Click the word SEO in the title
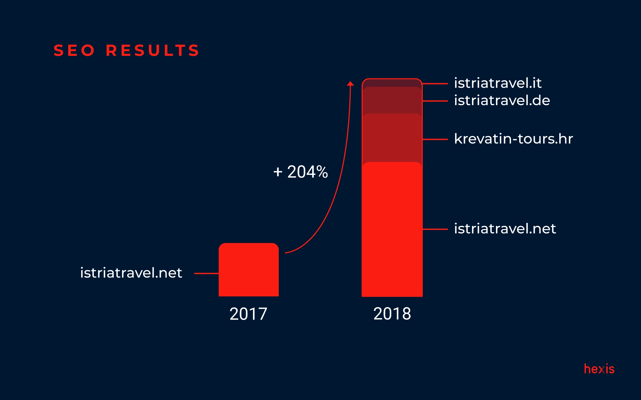tap(74, 50)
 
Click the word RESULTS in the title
tap(153, 50)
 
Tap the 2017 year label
tap(248, 314)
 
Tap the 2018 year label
tap(392, 314)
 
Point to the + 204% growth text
tap(300, 172)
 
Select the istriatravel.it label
tap(498, 83)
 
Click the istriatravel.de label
tap(502, 101)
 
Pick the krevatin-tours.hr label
tap(513, 139)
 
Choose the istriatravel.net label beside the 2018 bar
tap(505, 229)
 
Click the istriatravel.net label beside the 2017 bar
tap(131, 273)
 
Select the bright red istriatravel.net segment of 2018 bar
tap(392, 229)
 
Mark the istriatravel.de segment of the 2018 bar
tap(392, 100)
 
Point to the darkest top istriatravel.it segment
tap(392, 83)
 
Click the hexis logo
tap(599, 369)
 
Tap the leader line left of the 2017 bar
tap(206, 273)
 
